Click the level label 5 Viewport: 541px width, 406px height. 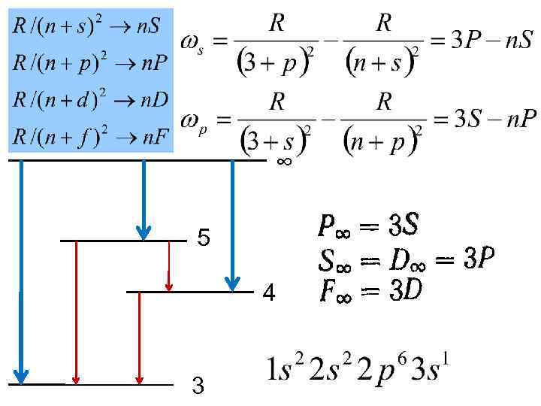pyautogui.click(x=203, y=239)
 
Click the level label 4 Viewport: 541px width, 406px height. pyautogui.click(x=268, y=293)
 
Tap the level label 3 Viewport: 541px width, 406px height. pyautogui.click(x=198, y=386)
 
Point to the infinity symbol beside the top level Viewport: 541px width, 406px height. pyautogui.click(x=284, y=160)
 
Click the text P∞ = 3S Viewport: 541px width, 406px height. pyautogui.click(x=368, y=225)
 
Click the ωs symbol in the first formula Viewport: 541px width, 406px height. pyautogui.click(x=192, y=43)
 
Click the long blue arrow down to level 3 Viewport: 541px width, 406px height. pyautogui.click(x=22, y=271)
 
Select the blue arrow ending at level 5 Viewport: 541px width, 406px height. pyautogui.click(x=143, y=199)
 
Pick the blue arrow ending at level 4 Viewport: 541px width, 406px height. pyautogui.click(x=232, y=226)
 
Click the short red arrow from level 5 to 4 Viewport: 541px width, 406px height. pyautogui.click(x=169, y=266)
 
